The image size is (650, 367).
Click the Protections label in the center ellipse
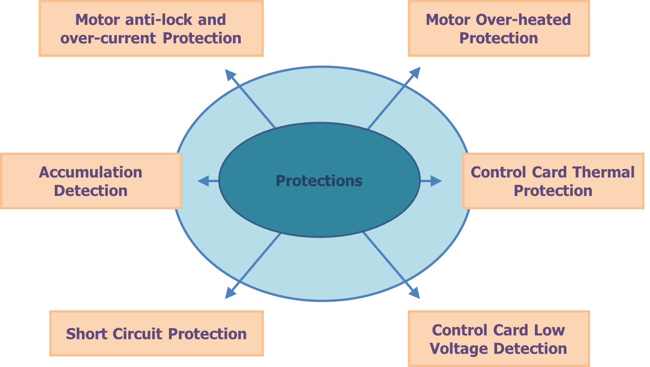(x=319, y=181)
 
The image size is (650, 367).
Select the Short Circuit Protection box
(x=156, y=333)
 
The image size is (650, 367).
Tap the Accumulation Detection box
(x=91, y=181)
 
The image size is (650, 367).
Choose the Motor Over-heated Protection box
(x=499, y=29)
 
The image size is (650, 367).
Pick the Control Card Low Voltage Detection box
(x=499, y=339)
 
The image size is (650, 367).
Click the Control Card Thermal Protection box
(x=553, y=181)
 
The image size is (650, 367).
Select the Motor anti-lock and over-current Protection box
(x=151, y=29)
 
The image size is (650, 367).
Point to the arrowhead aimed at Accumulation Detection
(x=203, y=181)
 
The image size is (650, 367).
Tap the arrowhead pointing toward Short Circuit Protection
(x=230, y=293)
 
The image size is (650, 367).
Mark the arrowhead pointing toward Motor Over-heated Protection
(x=415, y=72)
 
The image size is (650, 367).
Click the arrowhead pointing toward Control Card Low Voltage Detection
(x=415, y=293)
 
